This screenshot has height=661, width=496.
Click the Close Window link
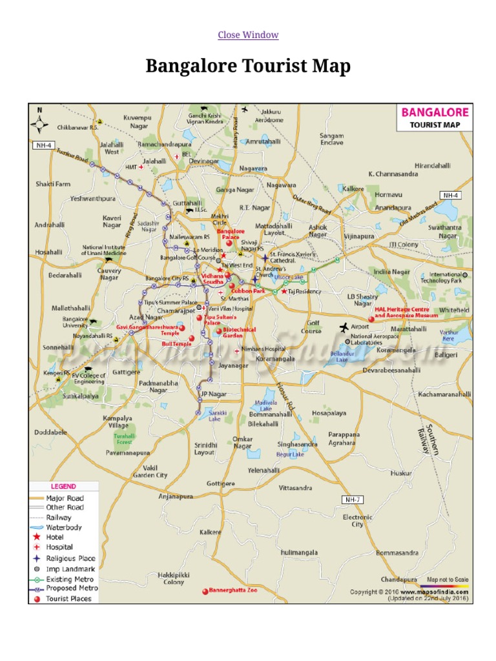coord(248,35)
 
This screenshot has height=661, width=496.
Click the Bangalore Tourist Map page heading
coord(248,66)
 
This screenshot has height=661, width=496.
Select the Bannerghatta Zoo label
coord(232,590)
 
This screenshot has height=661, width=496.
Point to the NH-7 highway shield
coord(352,500)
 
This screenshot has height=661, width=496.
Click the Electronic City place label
coord(358,521)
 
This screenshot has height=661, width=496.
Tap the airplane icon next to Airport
coord(343,327)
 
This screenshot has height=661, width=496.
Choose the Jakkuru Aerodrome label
coord(269,116)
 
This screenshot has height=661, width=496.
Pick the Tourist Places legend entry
coord(68,598)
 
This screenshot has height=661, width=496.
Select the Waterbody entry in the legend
coord(64,527)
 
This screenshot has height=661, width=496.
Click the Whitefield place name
coord(454,310)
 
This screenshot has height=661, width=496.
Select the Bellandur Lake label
coord(342,357)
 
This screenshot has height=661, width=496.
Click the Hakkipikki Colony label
coord(174,578)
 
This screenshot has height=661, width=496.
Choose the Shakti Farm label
coord(53,184)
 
